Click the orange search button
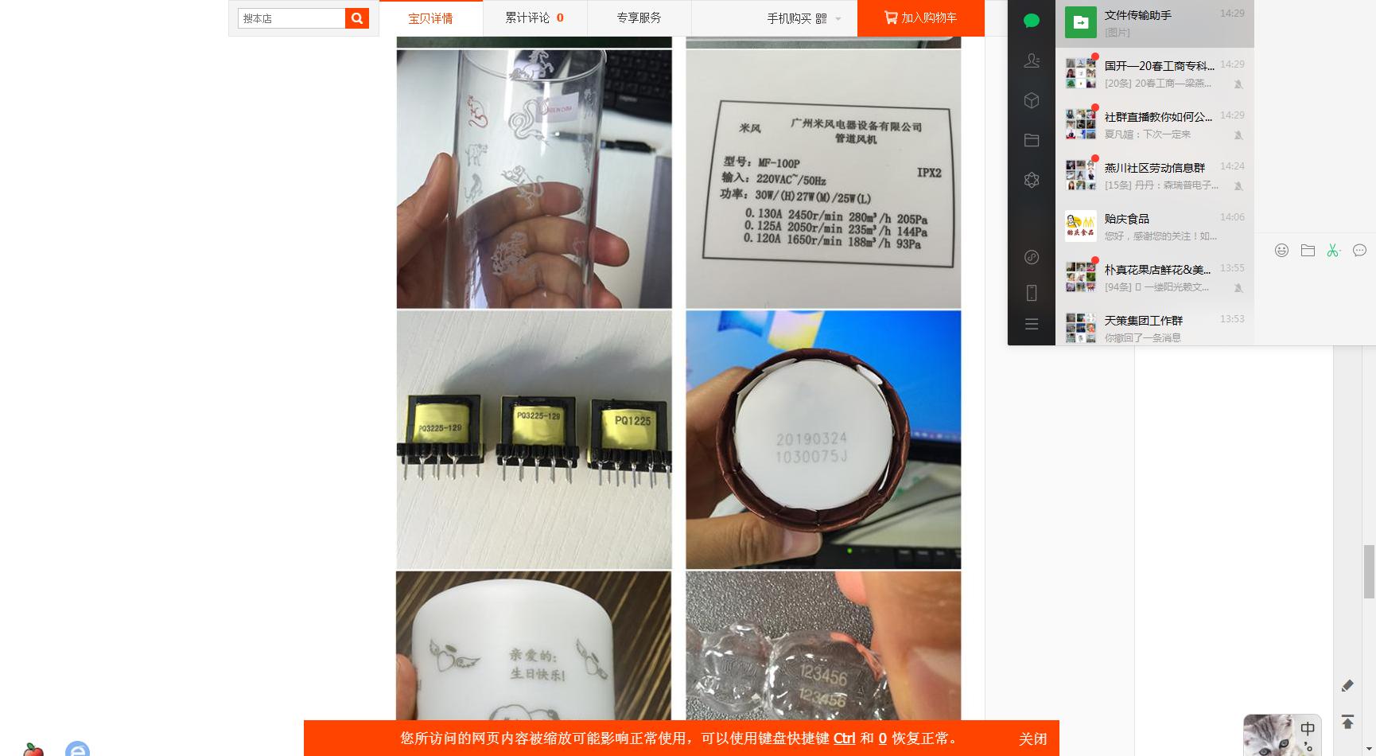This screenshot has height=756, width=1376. pos(357,18)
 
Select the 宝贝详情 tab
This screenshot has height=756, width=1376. pos(430,18)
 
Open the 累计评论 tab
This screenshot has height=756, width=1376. pos(534,18)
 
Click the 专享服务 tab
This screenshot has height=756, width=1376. pos(639,18)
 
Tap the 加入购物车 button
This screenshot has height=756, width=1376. pos(920,18)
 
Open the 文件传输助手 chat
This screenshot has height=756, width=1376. pos(1154,23)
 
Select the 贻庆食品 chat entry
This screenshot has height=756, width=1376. pos(1154,227)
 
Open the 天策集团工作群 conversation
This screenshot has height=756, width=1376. pos(1154,327)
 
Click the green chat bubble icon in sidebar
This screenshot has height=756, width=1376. pos(1032,21)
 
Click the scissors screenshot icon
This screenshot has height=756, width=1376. pos(1333,251)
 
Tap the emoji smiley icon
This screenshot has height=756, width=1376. pos(1281,251)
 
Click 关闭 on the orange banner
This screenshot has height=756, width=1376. pos(1032,738)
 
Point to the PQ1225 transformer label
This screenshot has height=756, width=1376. pos(632,420)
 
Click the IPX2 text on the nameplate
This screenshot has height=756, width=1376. pos(928,173)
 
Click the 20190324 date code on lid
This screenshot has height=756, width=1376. pos(811,438)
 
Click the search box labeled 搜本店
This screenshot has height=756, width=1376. pos(291,18)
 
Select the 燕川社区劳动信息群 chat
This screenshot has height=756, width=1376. pos(1154,175)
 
